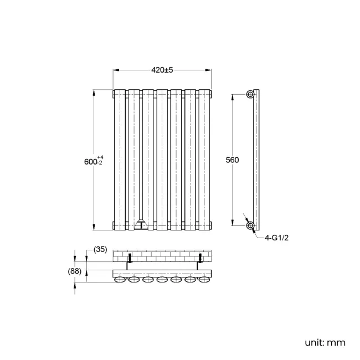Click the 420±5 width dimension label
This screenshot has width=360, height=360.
pyautogui.click(x=162, y=70)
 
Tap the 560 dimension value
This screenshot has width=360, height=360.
pyautogui.click(x=233, y=160)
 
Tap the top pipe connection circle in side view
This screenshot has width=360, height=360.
pyautogui.click(x=251, y=94)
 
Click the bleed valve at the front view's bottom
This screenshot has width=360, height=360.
pyautogui.click(x=141, y=225)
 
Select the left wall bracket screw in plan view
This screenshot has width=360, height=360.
pyautogui.click(x=130, y=258)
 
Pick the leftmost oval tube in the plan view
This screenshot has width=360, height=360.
pyautogui.click(x=120, y=281)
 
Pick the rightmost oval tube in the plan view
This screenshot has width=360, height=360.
pyautogui.click(x=204, y=281)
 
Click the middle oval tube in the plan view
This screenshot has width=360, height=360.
pyautogui.click(x=162, y=281)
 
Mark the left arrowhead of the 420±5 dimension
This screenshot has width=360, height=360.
pyautogui.click(x=115, y=70)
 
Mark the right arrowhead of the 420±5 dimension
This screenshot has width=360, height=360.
pyautogui.click(x=209, y=70)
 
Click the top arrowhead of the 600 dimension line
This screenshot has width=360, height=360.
pyautogui.click(x=94, y=92)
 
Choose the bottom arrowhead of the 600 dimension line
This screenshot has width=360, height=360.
pyautogui.click(x=94, y=227)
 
